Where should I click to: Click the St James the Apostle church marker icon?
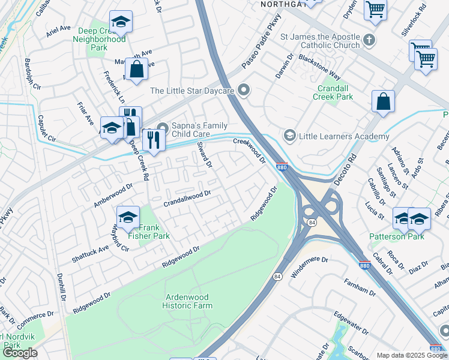369,41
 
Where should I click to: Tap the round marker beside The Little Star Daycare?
243,91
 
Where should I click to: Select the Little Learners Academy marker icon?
291,136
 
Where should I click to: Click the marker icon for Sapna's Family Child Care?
162,126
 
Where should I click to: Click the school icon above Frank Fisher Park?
128,218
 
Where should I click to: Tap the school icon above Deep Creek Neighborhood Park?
121,22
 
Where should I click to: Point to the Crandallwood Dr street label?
188,198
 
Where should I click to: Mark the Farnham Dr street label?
360,288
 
